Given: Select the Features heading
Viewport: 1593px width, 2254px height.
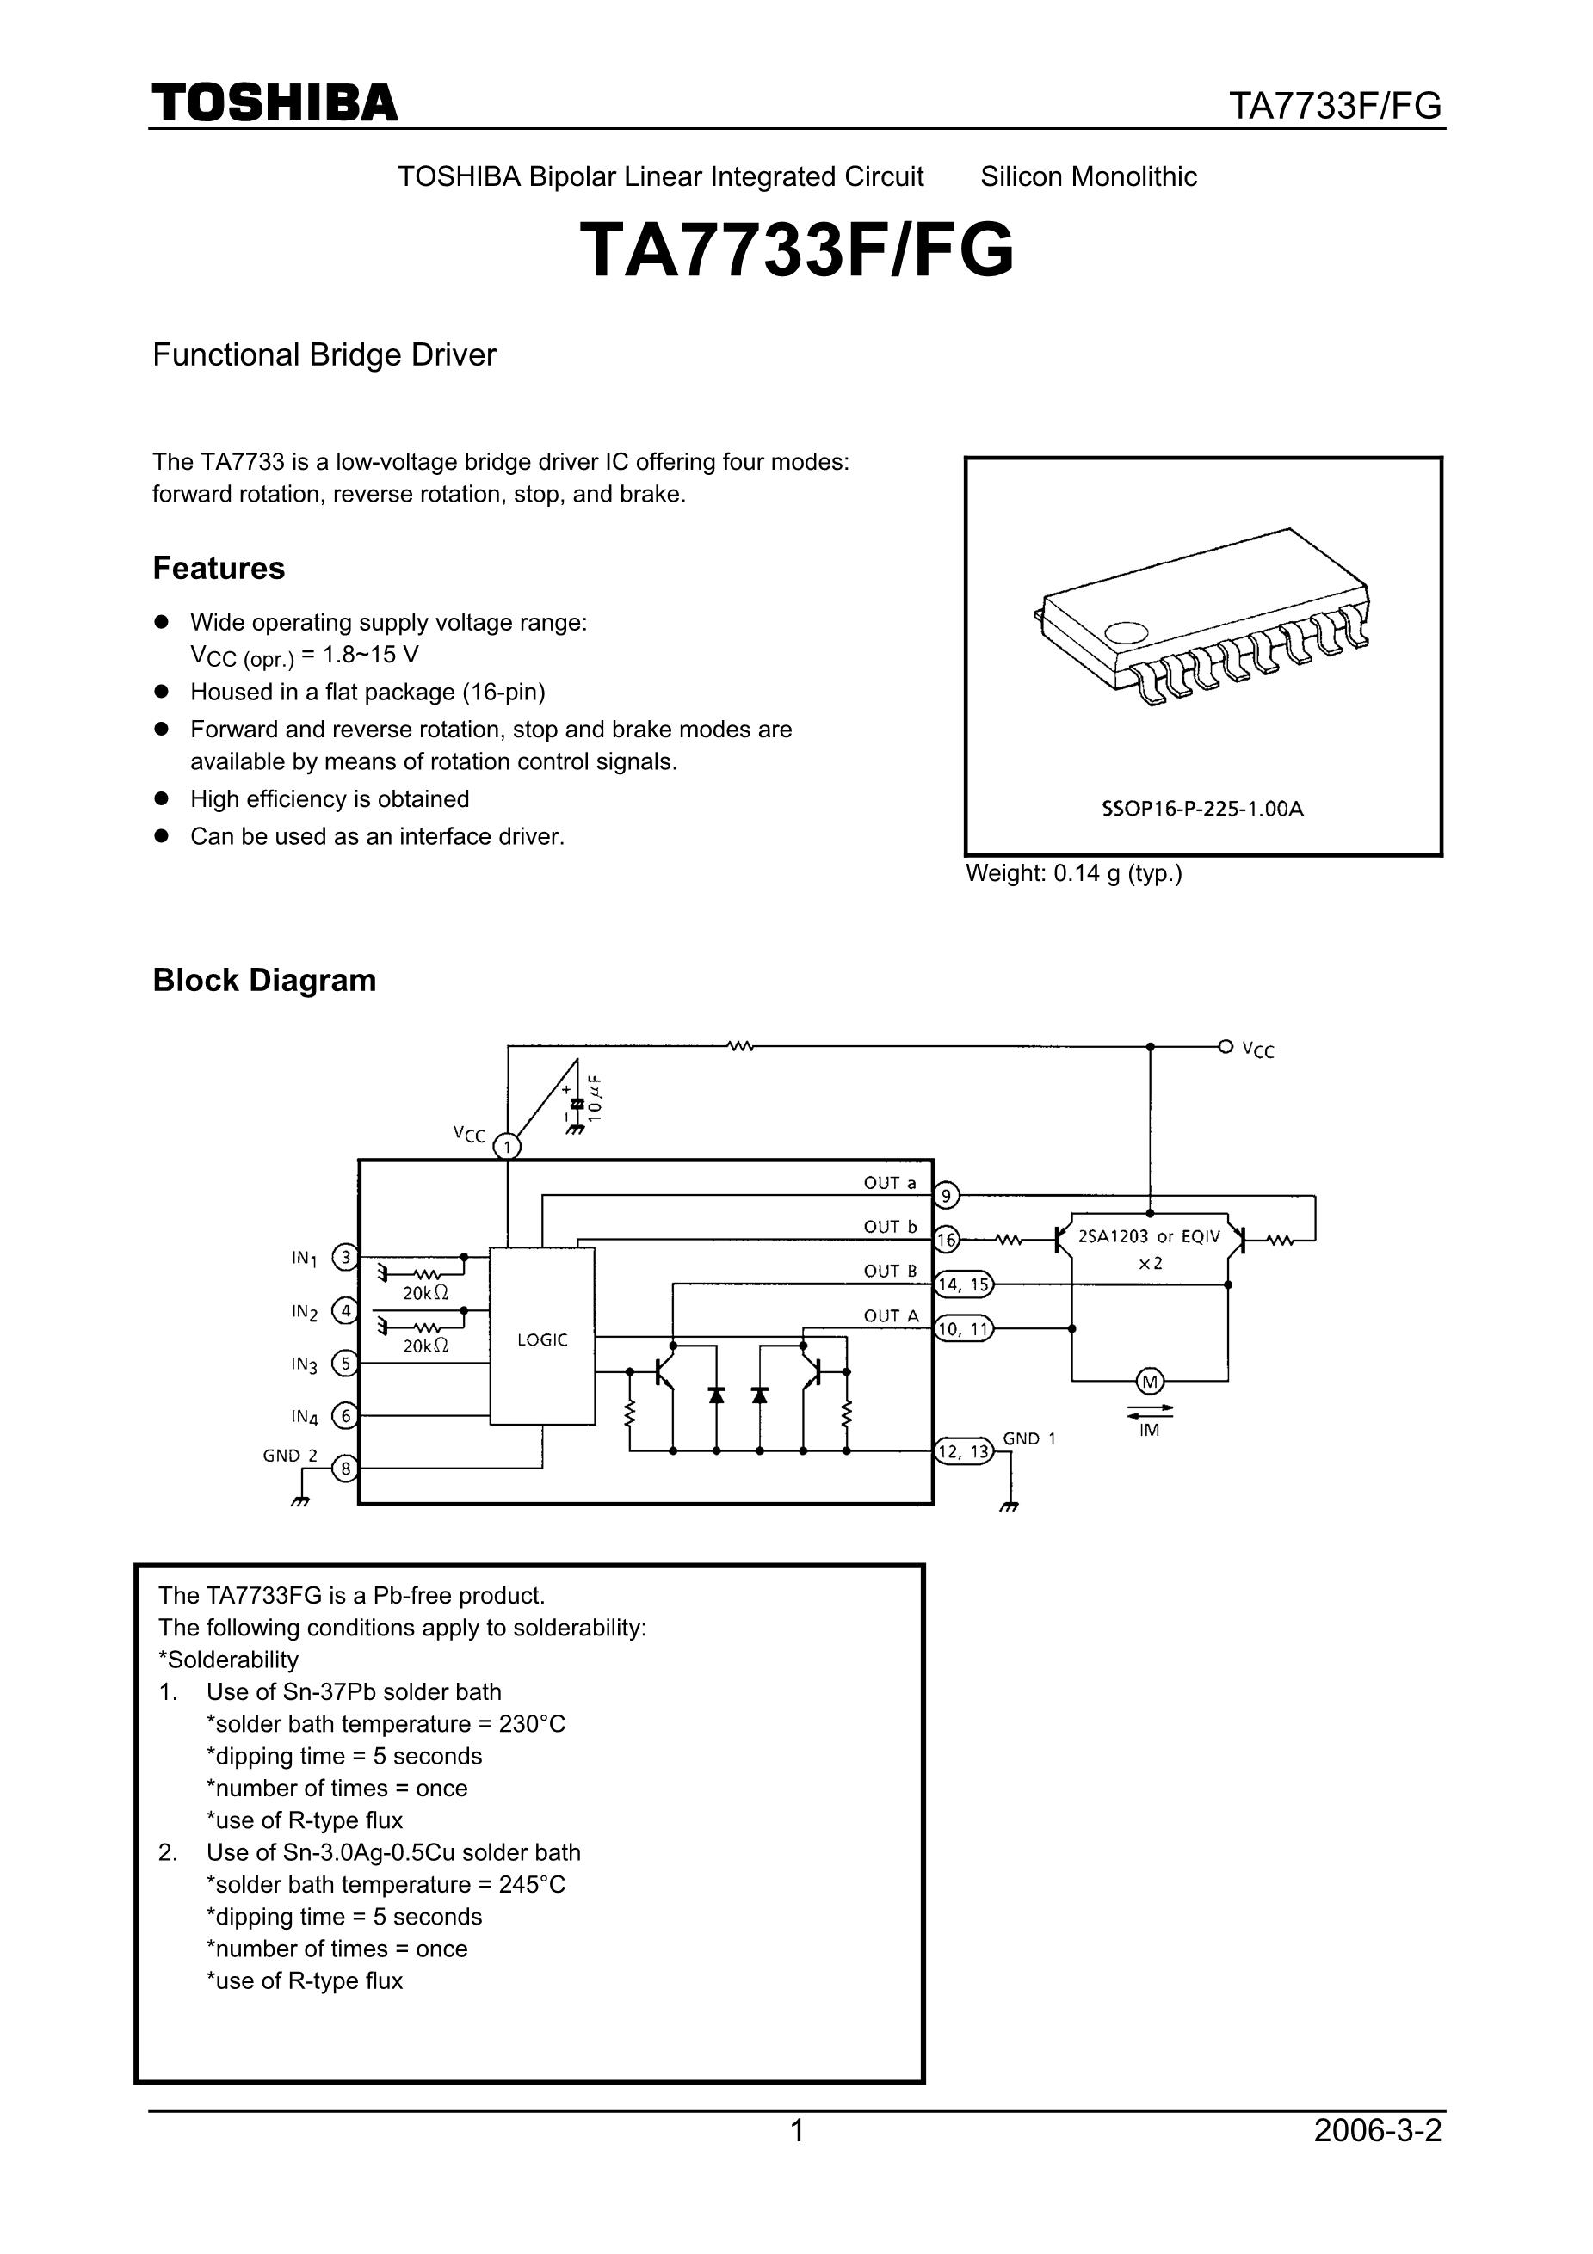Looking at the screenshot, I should click(218, 569).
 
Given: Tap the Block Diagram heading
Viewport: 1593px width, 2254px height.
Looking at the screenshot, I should click(264, 980).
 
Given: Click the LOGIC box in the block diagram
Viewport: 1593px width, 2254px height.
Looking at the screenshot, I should click(542, 1339).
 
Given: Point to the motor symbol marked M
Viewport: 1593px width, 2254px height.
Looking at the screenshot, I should click(1149, 1382).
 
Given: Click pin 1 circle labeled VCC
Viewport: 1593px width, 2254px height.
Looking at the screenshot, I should click(507, 1147).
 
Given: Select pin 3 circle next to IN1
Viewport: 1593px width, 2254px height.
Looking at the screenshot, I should click(345, 1257).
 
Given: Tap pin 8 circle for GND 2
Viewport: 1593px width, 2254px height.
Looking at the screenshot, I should click(345, 1469).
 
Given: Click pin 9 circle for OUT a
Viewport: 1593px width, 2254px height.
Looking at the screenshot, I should click(946, 1196).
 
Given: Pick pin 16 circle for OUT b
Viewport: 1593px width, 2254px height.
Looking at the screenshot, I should click(946, 1241).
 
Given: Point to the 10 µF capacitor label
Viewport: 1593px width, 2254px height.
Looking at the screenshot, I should click(596, 1098).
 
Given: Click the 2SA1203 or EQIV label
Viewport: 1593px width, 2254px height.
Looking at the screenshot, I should click(1149, 1237).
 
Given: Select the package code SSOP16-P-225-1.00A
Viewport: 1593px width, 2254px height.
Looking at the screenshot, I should click(1202, 809).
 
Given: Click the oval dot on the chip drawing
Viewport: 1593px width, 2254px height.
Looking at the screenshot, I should click(1126, 633).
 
